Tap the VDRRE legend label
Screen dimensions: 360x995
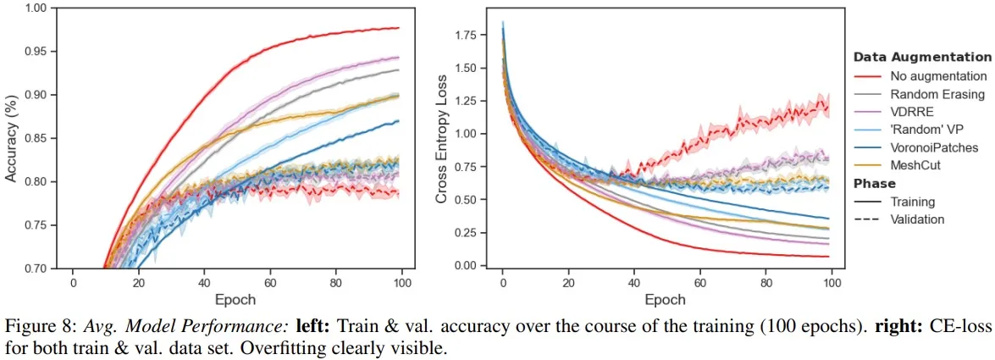(910, 112)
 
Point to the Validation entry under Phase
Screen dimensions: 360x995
(917, 219)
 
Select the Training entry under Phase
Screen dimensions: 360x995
(912, 202)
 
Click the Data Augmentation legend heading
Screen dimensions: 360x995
(922, 58)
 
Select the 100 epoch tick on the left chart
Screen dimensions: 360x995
(402, 282)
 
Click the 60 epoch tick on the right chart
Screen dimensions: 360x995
(700, 282)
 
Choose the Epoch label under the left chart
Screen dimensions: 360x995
(236, 299)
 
